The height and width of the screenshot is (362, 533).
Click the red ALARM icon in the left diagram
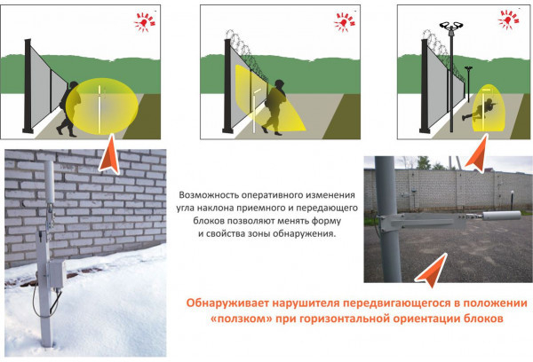(145, 22)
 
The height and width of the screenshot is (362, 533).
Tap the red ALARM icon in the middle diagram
(345, 22)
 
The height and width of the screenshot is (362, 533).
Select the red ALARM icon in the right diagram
(508, 20)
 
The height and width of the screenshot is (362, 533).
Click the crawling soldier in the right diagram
(478, 109)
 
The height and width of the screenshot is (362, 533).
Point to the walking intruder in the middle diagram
(275, 107)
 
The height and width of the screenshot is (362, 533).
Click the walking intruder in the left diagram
(69, 108)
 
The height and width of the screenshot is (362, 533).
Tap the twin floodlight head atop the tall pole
(451, 26)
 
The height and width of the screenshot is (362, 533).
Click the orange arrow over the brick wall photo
(110, 154)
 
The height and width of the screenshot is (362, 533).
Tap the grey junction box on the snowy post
(57, 273)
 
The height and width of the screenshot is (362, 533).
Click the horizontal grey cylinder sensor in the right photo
(502, 216)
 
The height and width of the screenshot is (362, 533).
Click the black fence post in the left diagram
(28, 85)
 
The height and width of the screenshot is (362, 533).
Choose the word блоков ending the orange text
(482, 319)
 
